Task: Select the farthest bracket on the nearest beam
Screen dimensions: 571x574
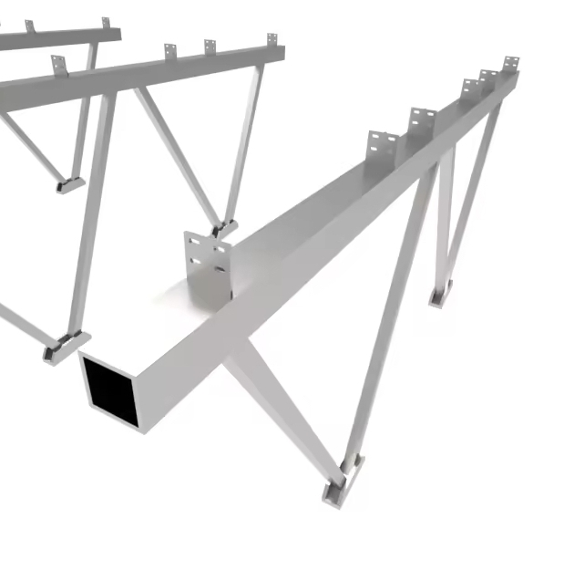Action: pos(510,65)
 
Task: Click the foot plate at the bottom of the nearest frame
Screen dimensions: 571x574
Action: pos(342,481)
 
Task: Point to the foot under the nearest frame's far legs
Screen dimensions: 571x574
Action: pos(441,293)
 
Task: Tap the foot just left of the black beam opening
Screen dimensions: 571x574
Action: pos(63,346)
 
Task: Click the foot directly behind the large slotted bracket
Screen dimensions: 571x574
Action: pos(223,228)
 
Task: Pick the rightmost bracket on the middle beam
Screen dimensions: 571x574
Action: pos(272,40)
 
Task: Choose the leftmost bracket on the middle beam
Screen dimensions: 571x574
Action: pos(58,65)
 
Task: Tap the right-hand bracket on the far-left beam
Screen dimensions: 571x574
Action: pos(106,22)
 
